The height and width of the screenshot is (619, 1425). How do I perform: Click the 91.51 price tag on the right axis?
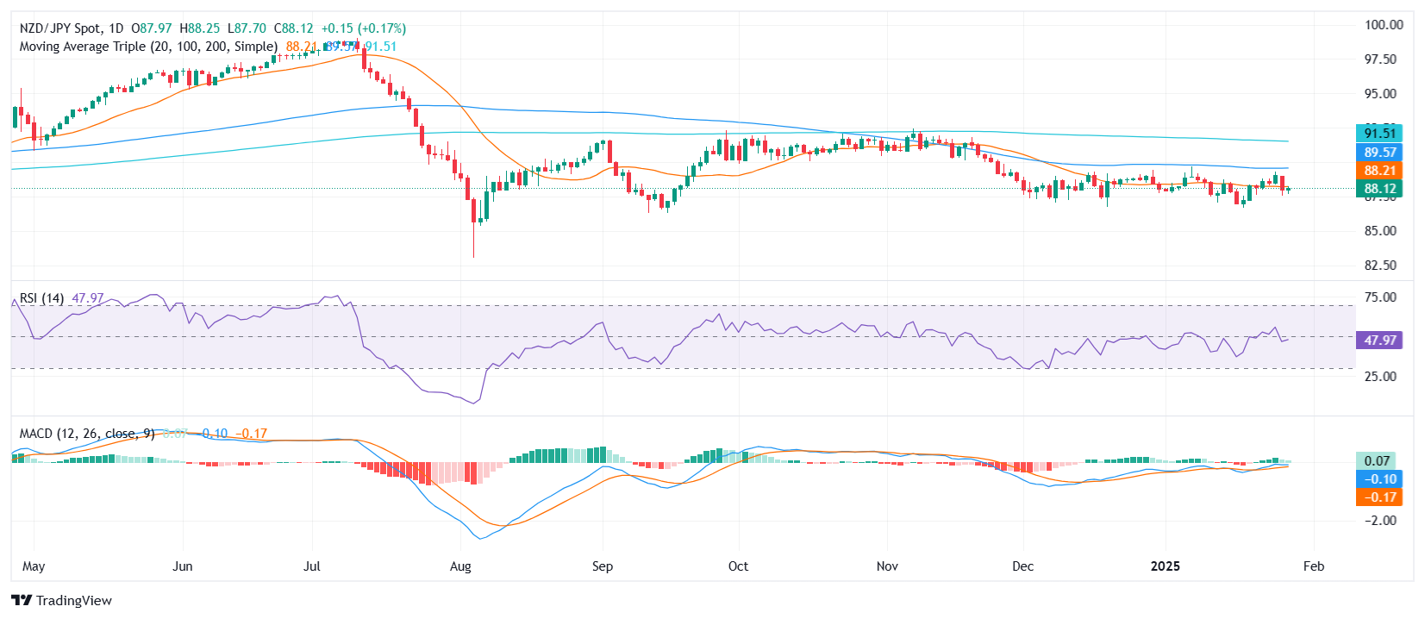[1379, 133]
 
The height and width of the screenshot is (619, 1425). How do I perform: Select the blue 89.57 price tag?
[1379, 152]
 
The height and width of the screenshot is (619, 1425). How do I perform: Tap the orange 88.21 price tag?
[1379, 171]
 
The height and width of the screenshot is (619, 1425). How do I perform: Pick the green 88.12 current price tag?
[1379, 189]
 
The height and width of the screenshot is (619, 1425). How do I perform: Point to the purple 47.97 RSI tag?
[1379, 341]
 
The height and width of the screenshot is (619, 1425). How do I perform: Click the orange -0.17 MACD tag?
[1379, 497]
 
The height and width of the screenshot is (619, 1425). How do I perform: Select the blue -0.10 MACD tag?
[1379, 479]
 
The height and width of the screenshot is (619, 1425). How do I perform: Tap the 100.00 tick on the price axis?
[1384, 25]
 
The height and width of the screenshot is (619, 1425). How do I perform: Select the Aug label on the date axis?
[460, 566]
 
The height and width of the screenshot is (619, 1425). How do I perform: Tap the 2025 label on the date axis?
[1166, 566]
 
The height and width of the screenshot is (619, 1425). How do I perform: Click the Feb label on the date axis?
[1313, 566]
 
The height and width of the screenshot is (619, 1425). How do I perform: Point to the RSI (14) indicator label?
[41, 298]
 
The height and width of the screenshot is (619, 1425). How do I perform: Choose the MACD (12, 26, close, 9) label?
[87, 434]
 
